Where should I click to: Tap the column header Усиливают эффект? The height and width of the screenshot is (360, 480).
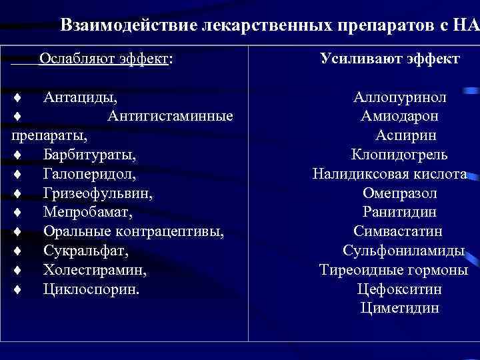click(x=389, y=59)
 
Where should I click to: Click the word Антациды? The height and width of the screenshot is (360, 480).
click(x=81, y=98)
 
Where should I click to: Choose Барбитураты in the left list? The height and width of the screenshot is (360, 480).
click(x=90, y=155)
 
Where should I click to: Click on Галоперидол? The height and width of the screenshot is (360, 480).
click(x=89, y=175)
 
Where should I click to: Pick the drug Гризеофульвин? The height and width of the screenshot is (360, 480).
click(x=97, y=194)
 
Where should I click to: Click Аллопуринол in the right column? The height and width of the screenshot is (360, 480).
click(x=399, y=98)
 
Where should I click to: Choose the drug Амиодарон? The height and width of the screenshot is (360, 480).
click(x=399, y=117)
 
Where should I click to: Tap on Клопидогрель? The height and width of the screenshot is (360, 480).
click(x=399, y=155)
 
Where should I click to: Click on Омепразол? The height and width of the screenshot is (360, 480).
click(x=399, y=194)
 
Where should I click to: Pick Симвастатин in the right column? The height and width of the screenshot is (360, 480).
click(x=398, y=232)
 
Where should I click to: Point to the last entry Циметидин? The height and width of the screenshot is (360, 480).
click(x=399, y=308)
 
